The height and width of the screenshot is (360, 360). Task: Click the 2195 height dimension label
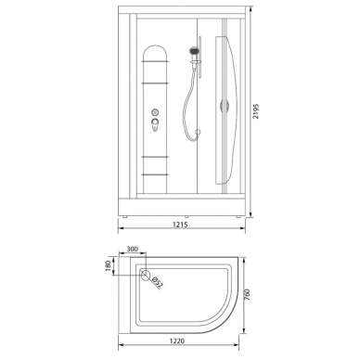point(255,111)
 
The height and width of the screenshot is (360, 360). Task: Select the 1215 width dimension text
point(180,225)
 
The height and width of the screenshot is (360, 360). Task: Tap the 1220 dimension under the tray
point(177,341)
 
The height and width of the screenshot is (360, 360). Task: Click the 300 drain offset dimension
point(132,249)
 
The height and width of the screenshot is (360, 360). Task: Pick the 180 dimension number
point(108,266)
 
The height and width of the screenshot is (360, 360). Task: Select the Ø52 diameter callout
point(157,283)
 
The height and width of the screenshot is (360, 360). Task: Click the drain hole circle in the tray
point(146,274)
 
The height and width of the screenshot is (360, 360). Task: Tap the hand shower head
point(194,51)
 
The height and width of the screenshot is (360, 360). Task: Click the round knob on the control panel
point(155,112)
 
